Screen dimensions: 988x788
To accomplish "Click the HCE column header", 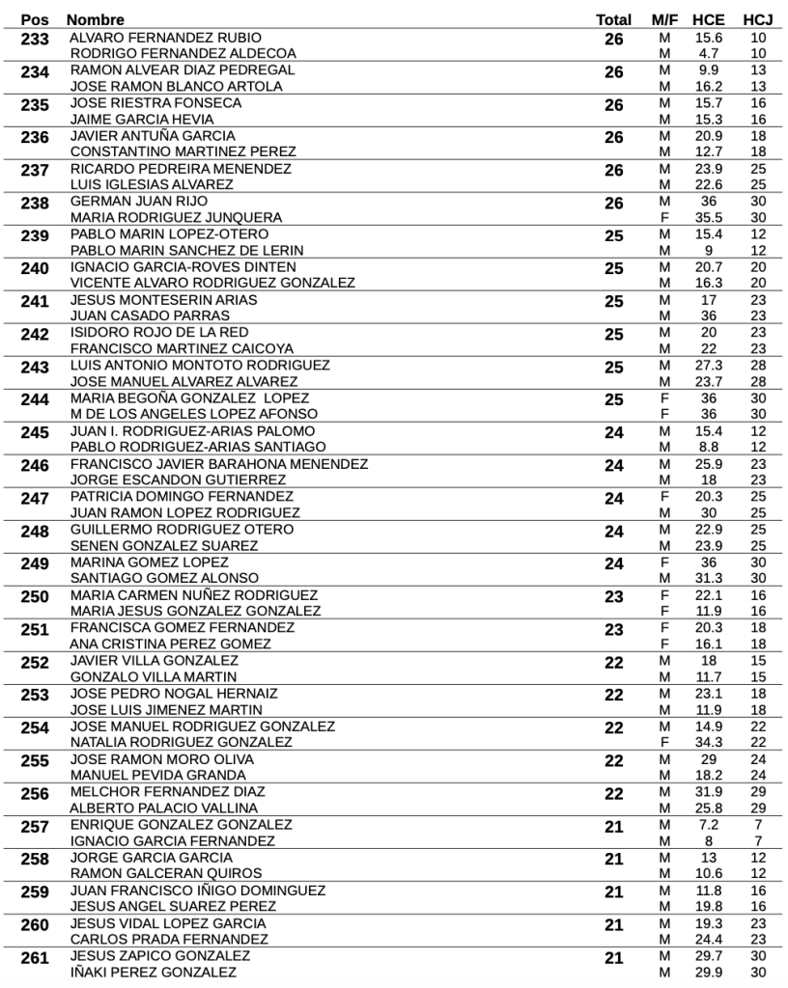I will click(709, 19).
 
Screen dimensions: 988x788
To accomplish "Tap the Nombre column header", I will click(96, 19).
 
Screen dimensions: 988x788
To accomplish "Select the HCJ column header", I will click(757, 19).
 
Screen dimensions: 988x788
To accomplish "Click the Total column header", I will click(614, 19).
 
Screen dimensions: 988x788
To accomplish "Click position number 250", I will click(35, 597).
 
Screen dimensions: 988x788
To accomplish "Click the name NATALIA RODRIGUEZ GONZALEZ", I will click(182, 742).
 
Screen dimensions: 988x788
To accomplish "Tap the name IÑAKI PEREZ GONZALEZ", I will click(154, 972).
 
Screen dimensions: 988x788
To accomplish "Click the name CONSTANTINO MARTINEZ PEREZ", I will click(183, 151).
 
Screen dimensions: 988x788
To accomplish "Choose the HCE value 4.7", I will click(709, 53).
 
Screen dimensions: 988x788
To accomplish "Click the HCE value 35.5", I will click(709, 217).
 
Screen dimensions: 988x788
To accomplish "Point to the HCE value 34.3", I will click(709, 742).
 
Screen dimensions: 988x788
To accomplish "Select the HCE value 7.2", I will click(709, 824).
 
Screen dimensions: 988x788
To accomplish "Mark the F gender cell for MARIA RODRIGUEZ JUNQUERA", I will click(663, 217).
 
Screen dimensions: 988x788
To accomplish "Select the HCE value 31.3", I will click(709, 578).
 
